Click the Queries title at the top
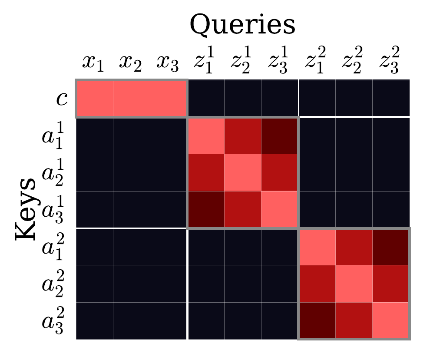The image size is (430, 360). click(x=243, y=25)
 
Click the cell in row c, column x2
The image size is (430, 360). click(x=132, y=99)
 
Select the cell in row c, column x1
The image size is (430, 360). click(x=95, y=99)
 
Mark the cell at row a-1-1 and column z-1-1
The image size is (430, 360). click(x=205, y=135)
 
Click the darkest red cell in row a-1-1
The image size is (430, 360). click(x=279, y=135)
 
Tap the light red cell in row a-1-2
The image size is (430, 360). click(x=242, y=172)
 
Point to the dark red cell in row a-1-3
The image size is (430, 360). click(x=205, y=209)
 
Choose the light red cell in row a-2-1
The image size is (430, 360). click(x=317, y=247)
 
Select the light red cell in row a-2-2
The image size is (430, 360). click(x=354, y=284)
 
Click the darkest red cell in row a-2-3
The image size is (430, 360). click(x=317, y=320)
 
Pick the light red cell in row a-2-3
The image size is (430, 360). click(x=390, y=320)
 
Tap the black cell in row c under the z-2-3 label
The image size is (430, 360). click(x=390, y=99)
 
